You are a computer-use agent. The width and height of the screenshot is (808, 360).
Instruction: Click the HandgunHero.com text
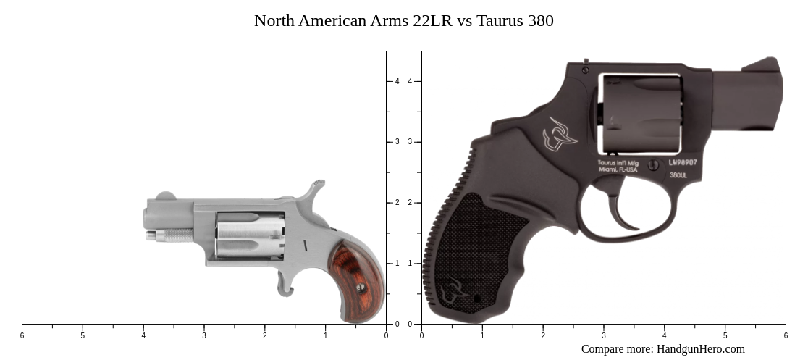tap(700, 349)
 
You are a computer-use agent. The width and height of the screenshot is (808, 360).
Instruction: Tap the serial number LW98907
tap(683, 163)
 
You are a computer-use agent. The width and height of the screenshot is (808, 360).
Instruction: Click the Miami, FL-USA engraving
tap(618, 169)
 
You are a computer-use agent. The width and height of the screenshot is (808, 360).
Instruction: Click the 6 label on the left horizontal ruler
tap(22, 335)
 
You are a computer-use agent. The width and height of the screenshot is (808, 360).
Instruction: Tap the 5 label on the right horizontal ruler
tap(725, 335)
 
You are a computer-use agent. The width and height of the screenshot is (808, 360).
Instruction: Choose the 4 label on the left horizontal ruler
tap(143, 335)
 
